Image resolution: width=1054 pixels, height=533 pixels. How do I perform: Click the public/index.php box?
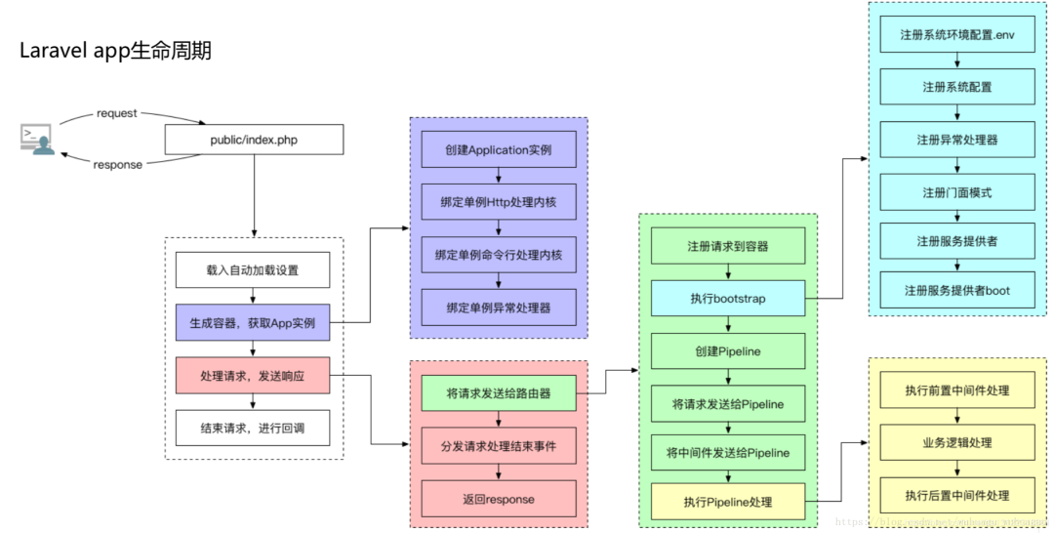click(x=254, y=140)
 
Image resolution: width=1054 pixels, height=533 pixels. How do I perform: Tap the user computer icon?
click(x=36, y=139)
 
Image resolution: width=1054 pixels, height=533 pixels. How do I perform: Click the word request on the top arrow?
click(x=117, y=113)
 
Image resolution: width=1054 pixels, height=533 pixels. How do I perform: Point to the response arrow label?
click(x=117, y=165)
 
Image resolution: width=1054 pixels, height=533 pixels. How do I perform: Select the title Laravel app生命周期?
click(x=115, y=52)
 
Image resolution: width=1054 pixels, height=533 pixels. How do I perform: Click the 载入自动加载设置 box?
click(x=253, y=270)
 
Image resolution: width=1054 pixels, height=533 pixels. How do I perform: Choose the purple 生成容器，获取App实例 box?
click(x=253, y=322)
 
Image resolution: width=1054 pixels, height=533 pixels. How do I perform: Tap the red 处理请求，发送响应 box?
click(x=253, y=375)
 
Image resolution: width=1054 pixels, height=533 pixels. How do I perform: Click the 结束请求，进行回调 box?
click(x=253, y=428)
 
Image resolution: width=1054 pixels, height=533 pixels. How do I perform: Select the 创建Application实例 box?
click(x=499, y=149)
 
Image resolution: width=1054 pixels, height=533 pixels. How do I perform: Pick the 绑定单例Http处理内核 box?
click(x=499, y=202)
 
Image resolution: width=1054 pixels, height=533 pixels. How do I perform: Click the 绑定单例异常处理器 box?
click(x=499, y=307)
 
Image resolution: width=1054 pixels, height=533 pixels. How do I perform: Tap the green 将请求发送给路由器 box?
click(x=499, y=393)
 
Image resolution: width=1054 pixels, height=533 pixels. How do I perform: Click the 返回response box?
click(x=499, y=499)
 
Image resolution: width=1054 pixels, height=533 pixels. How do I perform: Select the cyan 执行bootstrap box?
click(x=728, y=298)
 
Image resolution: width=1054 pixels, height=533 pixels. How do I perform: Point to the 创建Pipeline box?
click(x=728, y=350)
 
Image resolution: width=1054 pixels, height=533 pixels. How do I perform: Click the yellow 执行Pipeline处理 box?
click(x=728, y=501)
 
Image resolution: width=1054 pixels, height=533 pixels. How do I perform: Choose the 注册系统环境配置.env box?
click(x=957, y=34)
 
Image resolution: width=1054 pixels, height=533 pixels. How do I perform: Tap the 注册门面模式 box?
click(x=957, y=192)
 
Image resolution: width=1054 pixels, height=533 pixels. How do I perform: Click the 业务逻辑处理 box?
click(x=957, y=442)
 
